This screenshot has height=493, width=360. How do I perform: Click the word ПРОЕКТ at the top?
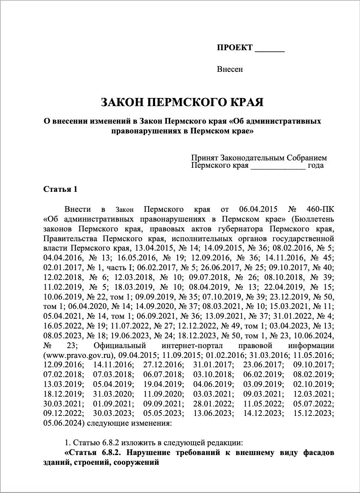click(235, 48)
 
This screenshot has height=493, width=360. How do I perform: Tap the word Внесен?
click(230, 69)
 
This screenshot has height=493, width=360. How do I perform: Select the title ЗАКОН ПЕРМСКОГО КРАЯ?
click(182, 102)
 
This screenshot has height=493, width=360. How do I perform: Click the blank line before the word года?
click(278, 167)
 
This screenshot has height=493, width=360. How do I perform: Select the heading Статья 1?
click(60, 189)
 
